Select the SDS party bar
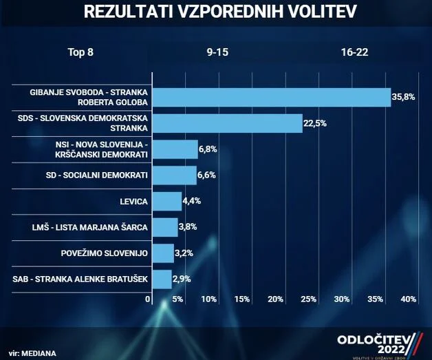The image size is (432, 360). (226, 123)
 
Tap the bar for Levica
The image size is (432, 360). (166, 201)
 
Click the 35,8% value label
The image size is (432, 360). (403, 97)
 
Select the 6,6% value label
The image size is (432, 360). (206, 175)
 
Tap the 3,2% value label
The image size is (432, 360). (184, 253)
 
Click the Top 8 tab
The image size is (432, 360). (80, 53)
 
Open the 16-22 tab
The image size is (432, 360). (354, 53)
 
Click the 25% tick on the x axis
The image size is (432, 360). (308, 299)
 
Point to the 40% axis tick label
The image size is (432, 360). (408, 299)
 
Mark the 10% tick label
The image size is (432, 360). (209, 299)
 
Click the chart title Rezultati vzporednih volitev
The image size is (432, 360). (215, 12)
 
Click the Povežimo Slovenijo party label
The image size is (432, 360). (105, 253)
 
